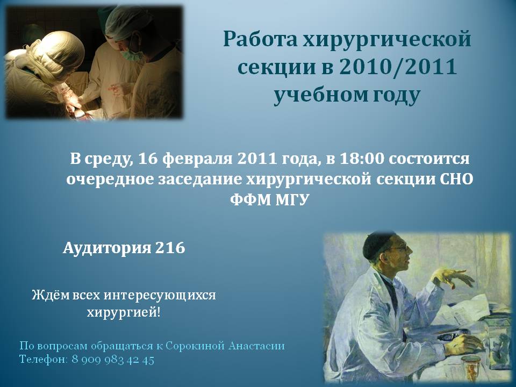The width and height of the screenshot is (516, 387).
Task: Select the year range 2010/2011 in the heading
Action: click(x=398, y=67)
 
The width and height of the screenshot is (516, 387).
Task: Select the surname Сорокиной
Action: click(x=195, y=346)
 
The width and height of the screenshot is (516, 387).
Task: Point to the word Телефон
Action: click(x=44, y=359)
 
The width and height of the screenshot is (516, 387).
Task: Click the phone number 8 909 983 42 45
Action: click(x=113, y=360)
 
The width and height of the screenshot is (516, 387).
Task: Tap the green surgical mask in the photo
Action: click(x=132, y=54)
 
